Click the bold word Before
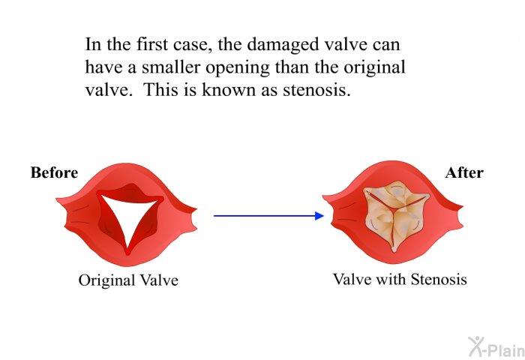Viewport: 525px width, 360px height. (54, 172)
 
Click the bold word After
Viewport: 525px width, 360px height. (464, 172)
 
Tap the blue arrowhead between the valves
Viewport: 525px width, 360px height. (319, 216)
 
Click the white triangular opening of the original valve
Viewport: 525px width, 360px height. (127, 216)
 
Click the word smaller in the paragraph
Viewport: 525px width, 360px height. (171, 67)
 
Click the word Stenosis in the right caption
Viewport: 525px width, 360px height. (439, 279)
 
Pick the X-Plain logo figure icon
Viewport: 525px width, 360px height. (476, 346)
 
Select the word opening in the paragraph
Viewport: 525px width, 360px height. (238, 68)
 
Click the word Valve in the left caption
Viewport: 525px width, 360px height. (159, 280)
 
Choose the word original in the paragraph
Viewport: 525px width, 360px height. (374, 68)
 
